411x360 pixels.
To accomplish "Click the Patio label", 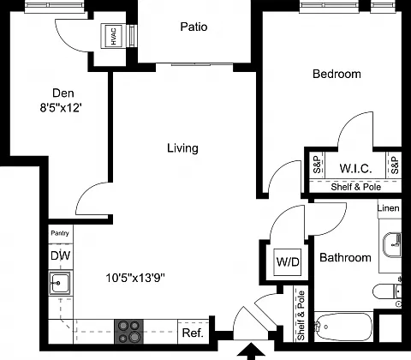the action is [194, 27].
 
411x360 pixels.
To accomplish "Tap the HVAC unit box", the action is [113, 36].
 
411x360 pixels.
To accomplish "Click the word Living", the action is [182, 148].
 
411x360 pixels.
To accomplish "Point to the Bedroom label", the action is [337, 74].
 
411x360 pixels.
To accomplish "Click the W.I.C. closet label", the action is [355, 168].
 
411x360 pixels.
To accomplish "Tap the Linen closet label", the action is [388, 208].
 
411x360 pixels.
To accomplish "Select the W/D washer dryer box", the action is [288, 261].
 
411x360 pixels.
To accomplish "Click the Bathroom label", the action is [345, 257].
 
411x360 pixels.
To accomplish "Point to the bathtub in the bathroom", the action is [343, 327].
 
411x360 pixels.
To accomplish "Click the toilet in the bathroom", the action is [387, 291].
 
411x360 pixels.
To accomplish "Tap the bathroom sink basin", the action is [392, 245].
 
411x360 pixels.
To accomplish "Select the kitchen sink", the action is [60, 283].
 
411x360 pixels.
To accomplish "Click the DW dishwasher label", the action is [60, 255].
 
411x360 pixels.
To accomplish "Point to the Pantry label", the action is [60, 233].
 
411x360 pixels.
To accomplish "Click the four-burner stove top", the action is [128, 332].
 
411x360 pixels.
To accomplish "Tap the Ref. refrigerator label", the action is [193, 333].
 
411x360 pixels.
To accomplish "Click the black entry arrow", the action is [251, 351].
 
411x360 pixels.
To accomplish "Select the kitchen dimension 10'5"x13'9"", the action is [135, 278].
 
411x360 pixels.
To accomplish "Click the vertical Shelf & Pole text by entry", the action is [301, 315].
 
